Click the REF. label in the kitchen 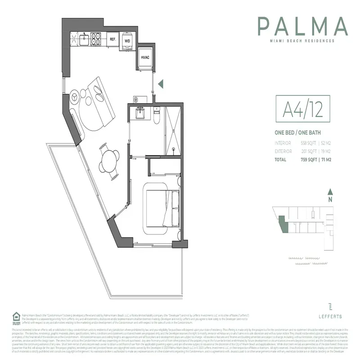pyautogui.click(x=113, y=40)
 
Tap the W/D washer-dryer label pyautogui.click(x=127, y=40)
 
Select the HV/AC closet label pyautogui.click(x=145, y=58)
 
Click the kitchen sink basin pyautogui.click(x=84, y=39)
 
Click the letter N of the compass pyautogui.click(x=331, y=199)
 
